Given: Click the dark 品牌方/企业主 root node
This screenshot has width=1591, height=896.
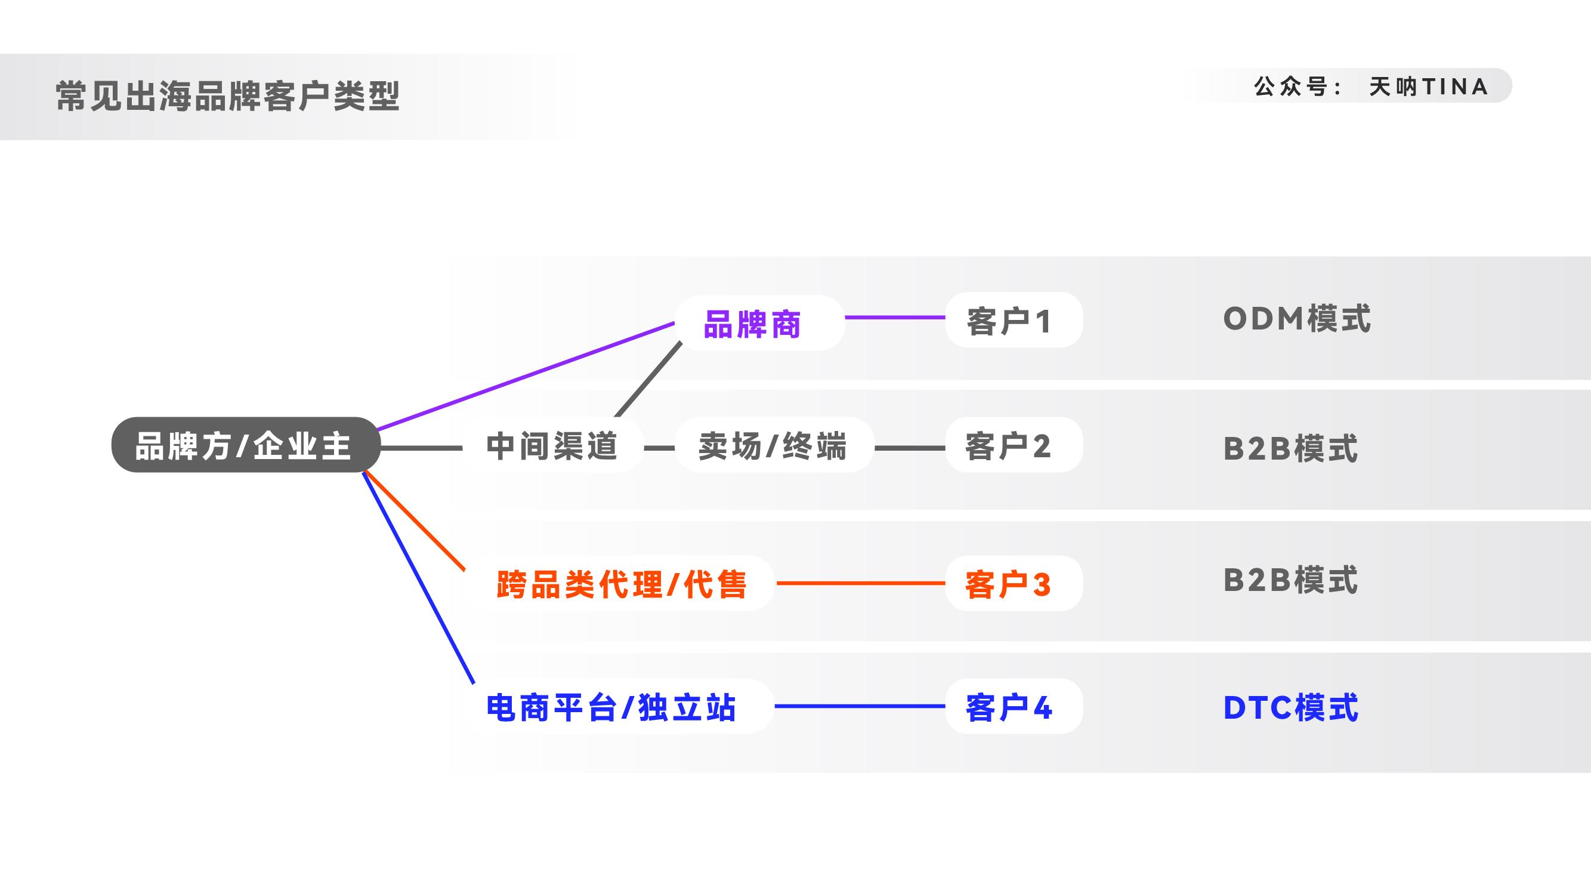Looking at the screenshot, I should [x=245, y=445].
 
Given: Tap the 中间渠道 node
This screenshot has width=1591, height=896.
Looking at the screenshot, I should [x=552, y=445].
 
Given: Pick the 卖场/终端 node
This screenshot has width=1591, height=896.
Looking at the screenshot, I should [x=773, y=445].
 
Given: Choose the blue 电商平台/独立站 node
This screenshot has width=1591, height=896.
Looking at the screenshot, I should [x=611, y=707].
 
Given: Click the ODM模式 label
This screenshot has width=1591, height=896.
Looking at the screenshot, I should [x=1296, y=319].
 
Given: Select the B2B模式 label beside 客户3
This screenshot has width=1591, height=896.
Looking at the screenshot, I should [x=1290, y=580].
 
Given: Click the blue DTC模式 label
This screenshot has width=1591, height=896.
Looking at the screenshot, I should [x=1290, y=707].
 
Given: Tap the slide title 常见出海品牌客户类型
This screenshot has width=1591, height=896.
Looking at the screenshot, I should [x=228, y=96].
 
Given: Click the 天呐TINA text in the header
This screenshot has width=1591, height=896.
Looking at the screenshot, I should [x=1428, y=87].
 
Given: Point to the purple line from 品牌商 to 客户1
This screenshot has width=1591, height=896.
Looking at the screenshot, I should [x=894, y=318].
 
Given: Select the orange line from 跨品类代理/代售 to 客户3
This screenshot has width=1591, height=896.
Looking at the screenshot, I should [x=860, y=583].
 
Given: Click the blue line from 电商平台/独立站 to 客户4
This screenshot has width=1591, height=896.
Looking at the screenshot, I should [x=859, y=706].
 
